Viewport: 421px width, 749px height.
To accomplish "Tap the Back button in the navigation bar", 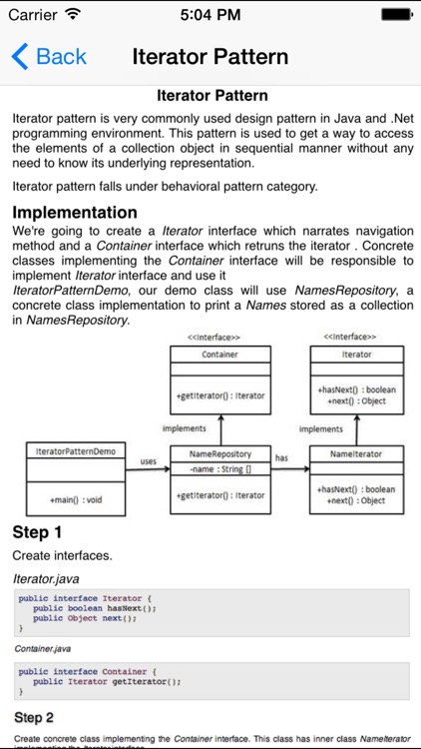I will [x=49, y=56].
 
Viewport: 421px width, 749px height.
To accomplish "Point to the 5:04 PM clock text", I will [x=210, y=15].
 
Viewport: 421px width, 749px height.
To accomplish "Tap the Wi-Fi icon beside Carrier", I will [x=72, y=15].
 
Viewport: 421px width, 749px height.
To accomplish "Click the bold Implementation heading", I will [x=75, y=212].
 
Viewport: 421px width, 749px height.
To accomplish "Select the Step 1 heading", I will [x=37, y=531].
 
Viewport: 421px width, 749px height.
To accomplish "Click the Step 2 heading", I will [x=34, y=717].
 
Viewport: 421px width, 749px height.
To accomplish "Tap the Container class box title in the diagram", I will [x=219, y=355].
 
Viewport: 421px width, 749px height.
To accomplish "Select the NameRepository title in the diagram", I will [x=219, y=451].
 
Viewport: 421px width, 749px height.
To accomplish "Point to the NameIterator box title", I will [x=356, y=451].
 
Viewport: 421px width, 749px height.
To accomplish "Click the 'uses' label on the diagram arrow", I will [x=149, y=460].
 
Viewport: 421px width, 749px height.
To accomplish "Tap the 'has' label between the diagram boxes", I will [x=281, y=458].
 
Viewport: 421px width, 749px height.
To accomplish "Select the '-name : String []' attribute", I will [x=219, y=467].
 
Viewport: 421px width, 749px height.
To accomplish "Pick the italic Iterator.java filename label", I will [x=46, y=578].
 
